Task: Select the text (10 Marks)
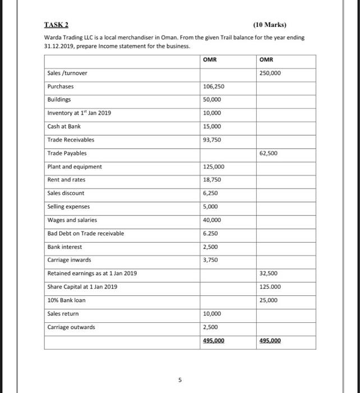(x=269, y=25)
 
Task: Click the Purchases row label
(x=60, y=86)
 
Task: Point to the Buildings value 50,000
(x=212, y=99)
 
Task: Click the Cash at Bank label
(x=64, y=126)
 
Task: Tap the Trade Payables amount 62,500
(x=269, y=153)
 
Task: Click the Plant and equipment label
(x=75, y=166)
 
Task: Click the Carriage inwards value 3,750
(x=210, y=260)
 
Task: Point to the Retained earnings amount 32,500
(x=269, y=273)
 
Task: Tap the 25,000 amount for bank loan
(x=269, y=300)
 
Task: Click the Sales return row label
(x=63, y=313)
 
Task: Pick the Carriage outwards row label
(x=71, y=327)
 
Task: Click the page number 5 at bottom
(x=179, y=380)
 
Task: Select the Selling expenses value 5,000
(x=210, y=207)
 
